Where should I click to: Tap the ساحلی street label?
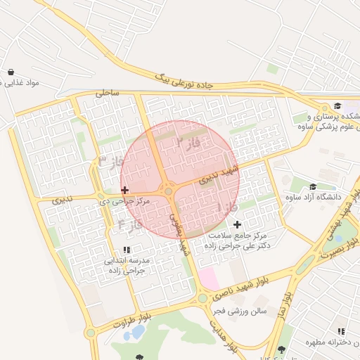[108, 92]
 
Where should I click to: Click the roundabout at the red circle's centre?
[169, 191]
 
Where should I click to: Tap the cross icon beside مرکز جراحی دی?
[125, 190]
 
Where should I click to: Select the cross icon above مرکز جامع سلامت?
[237, 224]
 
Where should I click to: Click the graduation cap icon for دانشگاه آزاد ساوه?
[312, 186]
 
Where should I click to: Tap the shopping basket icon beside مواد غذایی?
[11, 72]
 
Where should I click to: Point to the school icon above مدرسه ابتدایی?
[127, 250]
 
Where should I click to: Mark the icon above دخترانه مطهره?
[340, 331]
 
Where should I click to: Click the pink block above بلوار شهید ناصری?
[208, 278]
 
